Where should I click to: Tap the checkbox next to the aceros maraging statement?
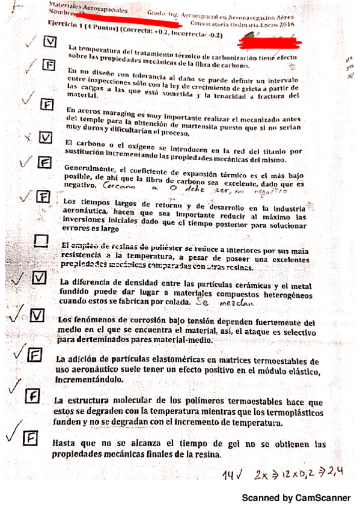click(44, 103)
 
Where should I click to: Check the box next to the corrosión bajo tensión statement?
click(37, 316)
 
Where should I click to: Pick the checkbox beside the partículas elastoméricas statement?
click(36, 354)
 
